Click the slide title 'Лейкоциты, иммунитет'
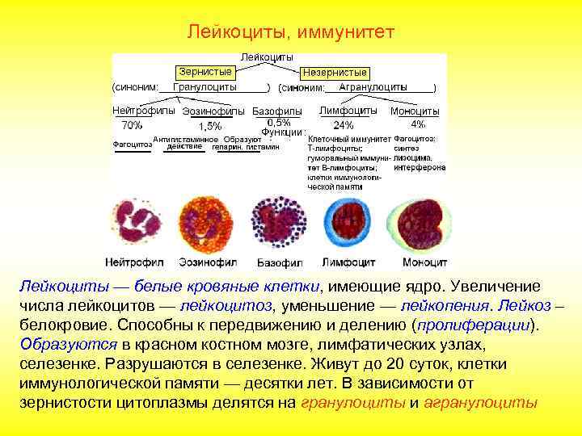(x=290, y=31)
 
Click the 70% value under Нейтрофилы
(x=131, y=125)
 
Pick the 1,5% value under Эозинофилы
(x=209, y=126)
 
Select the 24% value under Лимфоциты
(x=343, y=125)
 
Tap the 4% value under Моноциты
(x=418, y=124)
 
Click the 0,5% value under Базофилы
(x=279, y=121)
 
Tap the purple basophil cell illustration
(x=280, y=223)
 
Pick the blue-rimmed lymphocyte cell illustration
(x=348, y=223)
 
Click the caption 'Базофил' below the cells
(x=280, y=262)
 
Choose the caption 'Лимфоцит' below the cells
(x=349, y=262)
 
